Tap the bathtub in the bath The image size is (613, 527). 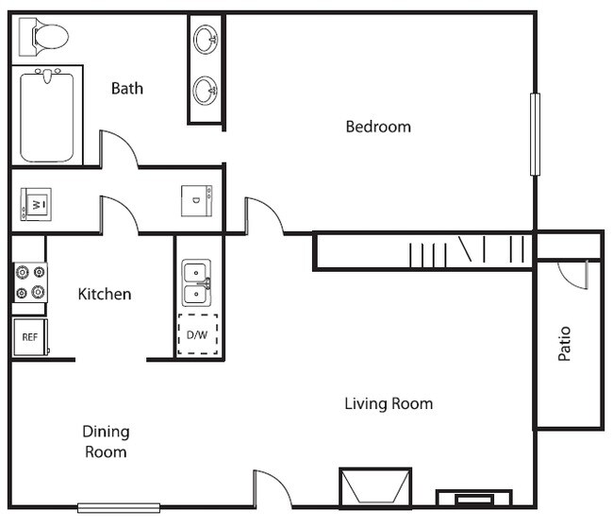[x=46, y=114]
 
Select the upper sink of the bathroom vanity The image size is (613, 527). [x=206, y=40]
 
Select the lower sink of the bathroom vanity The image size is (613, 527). [x=206, y=91]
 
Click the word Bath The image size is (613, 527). [x=127, y=89]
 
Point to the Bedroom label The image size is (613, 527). [x=377, y=127]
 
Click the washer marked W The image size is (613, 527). [x=36, y=204]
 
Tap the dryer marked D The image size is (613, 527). [x=197, y=201]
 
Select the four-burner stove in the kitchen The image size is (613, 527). [x=29, y=282]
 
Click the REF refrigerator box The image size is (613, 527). [x=29, y=337]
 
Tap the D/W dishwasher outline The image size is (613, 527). [x=197, y=334]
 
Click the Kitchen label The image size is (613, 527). [x=104, y=295]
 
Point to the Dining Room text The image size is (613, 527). [x=106, y=441]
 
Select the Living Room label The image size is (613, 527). [x=388, y=404]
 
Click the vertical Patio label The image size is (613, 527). [x=565, y=345]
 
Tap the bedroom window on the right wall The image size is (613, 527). [x=535, y=134]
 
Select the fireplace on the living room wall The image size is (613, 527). [x=375, y=488]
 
